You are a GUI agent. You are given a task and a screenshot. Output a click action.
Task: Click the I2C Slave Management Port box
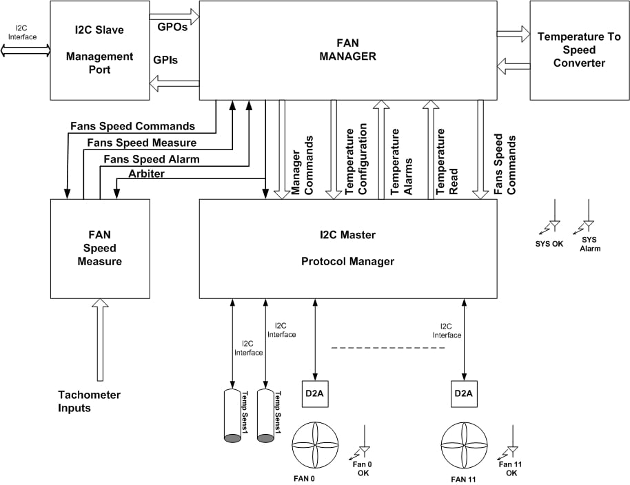click(99, 50)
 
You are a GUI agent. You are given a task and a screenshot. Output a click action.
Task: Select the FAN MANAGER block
click(347, 50)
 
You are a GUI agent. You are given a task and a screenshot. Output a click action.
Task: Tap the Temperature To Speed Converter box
click(579, 50)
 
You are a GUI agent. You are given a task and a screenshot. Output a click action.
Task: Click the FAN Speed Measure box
click(99, 248)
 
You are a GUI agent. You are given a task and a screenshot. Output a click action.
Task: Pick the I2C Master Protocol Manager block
click(347, 248)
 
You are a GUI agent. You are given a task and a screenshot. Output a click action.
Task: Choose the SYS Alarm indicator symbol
click(588, 220)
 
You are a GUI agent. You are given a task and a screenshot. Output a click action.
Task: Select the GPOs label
click(172, 27)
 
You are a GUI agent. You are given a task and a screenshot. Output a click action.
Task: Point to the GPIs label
click(165, 60)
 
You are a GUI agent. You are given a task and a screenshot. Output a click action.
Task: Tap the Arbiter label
click(146, 174)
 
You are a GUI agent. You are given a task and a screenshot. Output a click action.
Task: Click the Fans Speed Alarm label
click(151, 159)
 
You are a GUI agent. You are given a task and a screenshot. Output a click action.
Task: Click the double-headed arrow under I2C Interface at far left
click(26, 50)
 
